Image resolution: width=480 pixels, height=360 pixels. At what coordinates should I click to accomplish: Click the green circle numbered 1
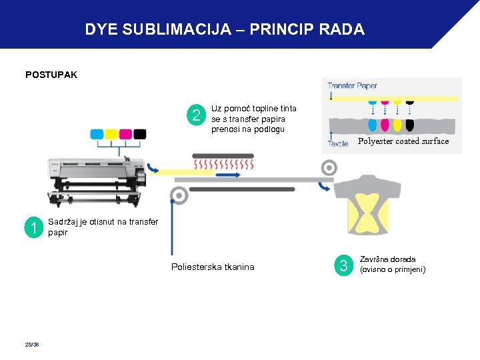click(x=33, y=229)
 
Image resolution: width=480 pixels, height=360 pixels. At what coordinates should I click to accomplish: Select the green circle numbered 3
click(x=344, y=266)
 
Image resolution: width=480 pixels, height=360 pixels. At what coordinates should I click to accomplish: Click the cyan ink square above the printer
click(x=97, y=134)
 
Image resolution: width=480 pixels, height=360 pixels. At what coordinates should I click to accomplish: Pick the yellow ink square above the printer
click(x=111, y=134)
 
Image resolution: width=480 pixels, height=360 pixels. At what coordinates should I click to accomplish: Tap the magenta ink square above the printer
click(x=125, y=134)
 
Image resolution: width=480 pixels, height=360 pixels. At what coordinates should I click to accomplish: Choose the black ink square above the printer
click(x=139, y=134)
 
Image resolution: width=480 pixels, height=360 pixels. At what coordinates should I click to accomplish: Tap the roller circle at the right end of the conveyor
click(x=328, y=169)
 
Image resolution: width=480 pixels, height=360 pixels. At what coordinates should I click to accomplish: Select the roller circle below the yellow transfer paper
click(x=178, y=195)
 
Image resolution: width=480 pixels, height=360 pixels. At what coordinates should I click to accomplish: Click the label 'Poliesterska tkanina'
click(x=213, y=267)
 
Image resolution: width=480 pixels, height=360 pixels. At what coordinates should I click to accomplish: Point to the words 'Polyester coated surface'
click(x=403, y=141)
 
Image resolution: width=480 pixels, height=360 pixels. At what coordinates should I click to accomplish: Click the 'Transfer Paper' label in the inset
click(x=352, y=85)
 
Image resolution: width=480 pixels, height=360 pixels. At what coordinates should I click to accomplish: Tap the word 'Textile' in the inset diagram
click(x=337, y=143)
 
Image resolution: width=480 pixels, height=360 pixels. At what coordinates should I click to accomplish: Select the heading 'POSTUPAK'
click(x=51, y=75)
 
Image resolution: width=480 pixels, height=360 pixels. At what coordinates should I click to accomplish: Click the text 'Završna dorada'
click(x=387, y=259)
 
